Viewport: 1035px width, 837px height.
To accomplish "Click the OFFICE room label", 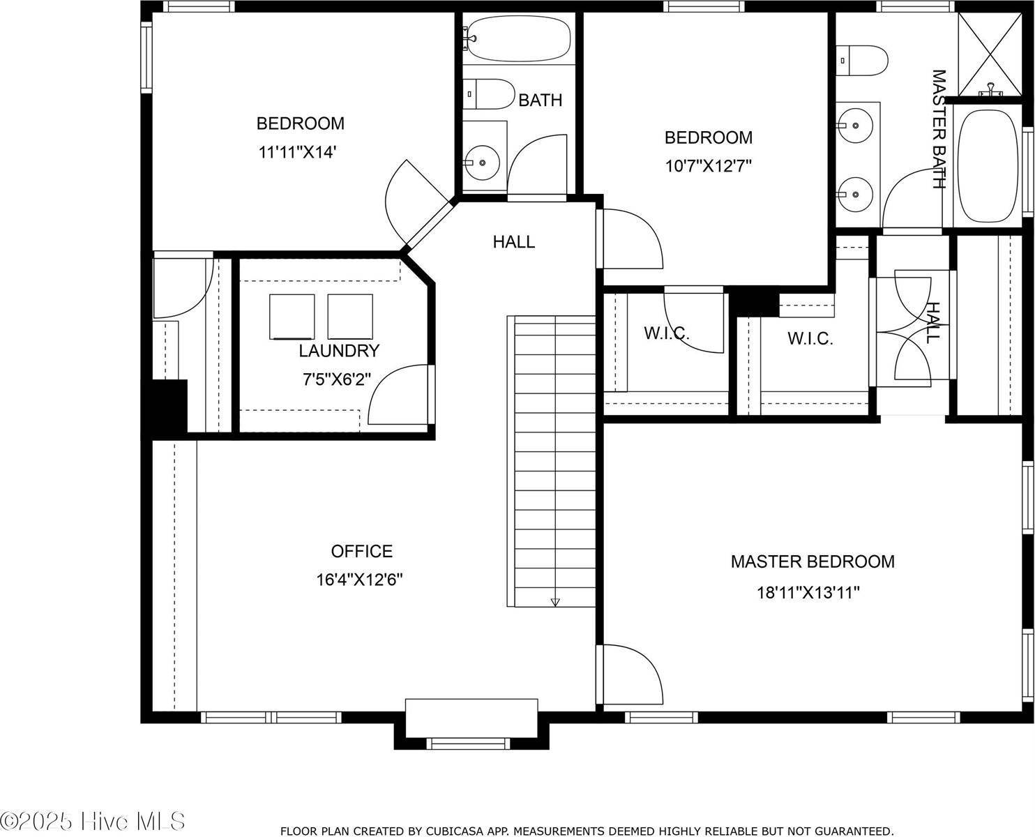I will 361,551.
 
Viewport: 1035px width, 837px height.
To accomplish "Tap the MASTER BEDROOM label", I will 813,561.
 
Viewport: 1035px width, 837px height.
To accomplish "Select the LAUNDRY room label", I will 339,350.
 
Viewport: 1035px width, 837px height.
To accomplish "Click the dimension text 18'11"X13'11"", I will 808,593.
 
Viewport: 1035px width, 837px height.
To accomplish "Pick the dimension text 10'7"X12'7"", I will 708,166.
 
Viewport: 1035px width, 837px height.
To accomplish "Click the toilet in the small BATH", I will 487,93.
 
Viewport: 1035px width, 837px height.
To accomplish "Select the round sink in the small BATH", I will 482,163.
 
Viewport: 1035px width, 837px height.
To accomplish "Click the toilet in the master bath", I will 861,61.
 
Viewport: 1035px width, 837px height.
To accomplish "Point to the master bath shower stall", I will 989,53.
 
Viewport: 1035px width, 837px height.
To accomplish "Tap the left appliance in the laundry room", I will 292,316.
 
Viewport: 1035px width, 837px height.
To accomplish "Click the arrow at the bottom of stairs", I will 555,601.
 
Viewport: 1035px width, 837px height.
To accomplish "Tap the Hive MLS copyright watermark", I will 93,821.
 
